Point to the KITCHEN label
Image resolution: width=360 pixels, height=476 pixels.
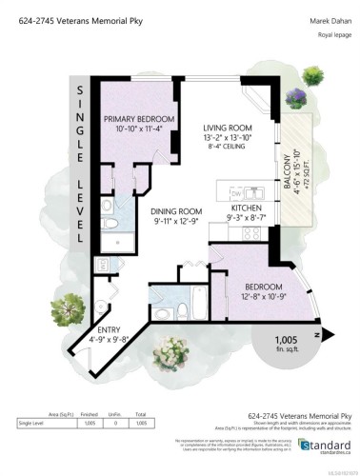(x=246, y=207)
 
